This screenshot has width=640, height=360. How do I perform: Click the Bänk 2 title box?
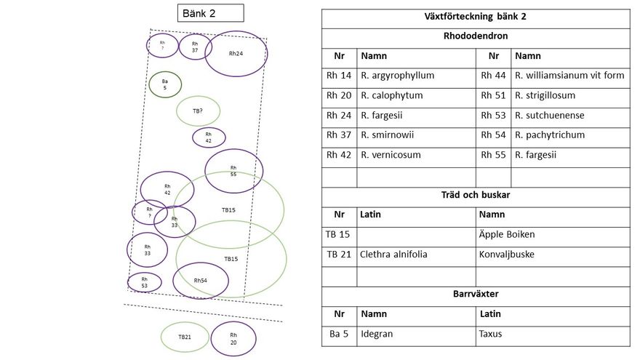[211, 13]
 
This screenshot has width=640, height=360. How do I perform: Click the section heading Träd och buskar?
[476, 195]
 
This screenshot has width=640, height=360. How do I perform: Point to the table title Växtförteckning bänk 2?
[476, 17]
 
